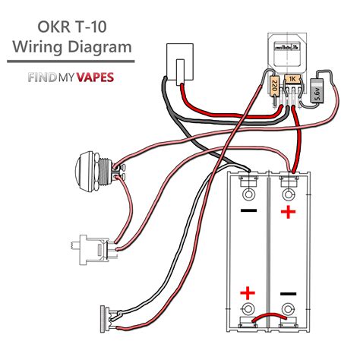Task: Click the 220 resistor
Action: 274,84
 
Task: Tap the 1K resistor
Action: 292,79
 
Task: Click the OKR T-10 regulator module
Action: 288,54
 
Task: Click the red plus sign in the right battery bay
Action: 287,212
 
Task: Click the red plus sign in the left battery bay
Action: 248,292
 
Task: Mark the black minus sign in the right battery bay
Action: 287,292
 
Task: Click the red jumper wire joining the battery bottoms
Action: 267,318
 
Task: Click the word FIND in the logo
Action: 43,77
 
